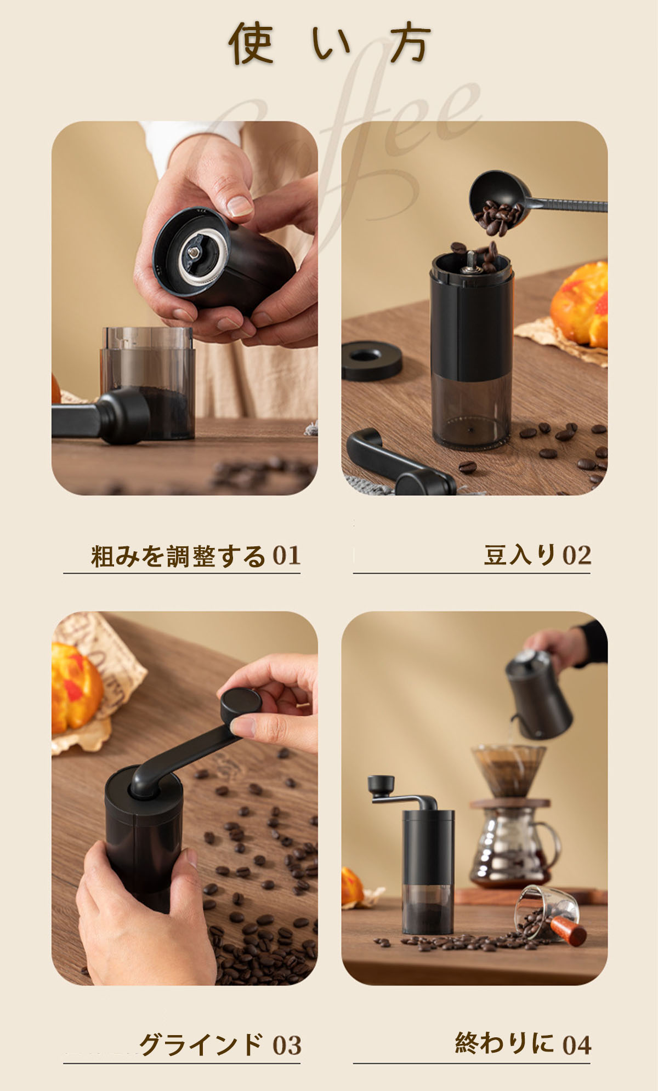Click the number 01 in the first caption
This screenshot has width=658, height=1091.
(287, 556)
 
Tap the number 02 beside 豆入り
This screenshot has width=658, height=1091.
(577, 556)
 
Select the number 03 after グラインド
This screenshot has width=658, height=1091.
(287, 1046)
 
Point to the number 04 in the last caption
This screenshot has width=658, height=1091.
(577, 1045)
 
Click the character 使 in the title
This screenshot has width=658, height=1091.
(251, 43)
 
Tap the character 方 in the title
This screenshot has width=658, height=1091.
(410, 43)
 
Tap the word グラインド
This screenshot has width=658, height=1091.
(201, 1045)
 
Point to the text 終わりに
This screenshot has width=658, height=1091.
(504, 1043)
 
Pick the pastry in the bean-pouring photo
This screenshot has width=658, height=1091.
(580, 304)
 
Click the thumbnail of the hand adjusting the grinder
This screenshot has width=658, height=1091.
(185, 308)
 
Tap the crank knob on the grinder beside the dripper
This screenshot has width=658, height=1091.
(381, 783)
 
